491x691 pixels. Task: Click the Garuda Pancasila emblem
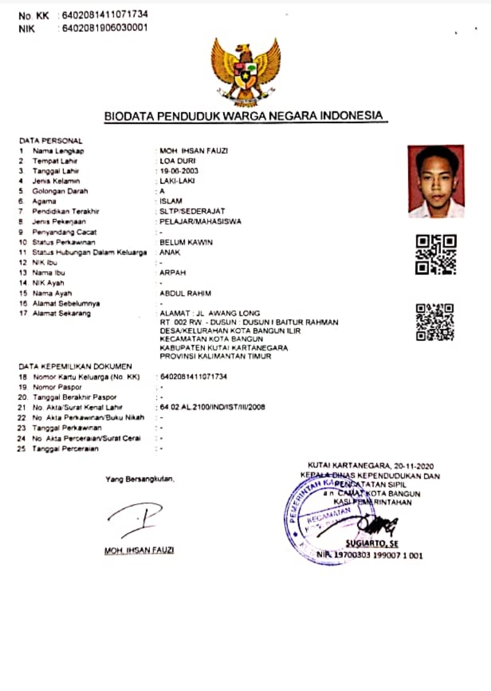245,70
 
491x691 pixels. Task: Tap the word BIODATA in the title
129,116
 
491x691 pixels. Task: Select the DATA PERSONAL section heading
50,141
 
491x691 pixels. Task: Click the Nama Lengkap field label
58,151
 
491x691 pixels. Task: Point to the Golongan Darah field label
60,191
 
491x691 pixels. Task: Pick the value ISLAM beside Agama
170,201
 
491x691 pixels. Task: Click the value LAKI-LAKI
177,181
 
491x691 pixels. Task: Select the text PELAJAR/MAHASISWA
200,221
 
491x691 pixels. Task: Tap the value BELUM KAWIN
186,242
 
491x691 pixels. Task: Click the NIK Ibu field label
45,263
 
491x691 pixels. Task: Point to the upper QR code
436,255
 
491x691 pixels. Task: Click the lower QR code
435,322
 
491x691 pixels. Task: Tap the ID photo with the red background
436,181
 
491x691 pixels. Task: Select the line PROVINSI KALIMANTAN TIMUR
215,356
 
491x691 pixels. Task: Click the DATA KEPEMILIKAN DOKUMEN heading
75,366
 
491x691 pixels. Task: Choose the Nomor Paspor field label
57,387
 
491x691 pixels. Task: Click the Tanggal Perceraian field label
65,449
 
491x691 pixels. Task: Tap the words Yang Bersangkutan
140,479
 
